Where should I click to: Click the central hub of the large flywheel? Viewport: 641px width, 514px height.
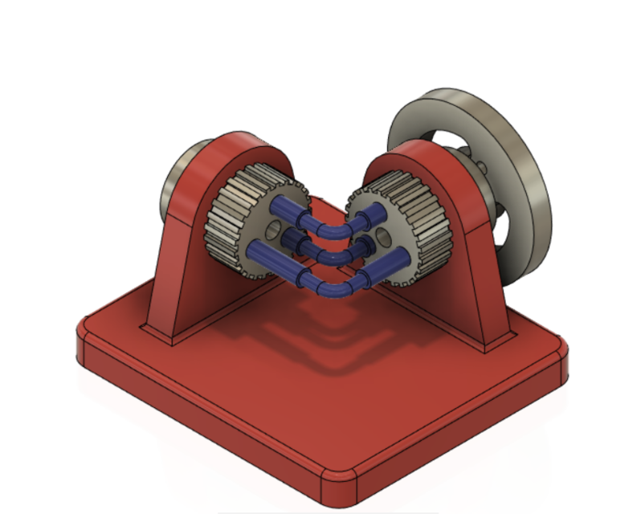coord(482,173)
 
